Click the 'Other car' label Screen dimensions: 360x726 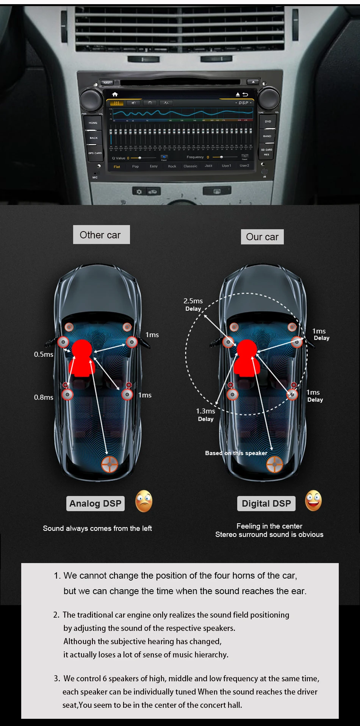101,235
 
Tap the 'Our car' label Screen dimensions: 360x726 262,237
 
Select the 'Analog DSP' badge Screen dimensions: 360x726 95,504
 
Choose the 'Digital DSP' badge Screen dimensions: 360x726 266,504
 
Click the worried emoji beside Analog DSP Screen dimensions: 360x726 144,501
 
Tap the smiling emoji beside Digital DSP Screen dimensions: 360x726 313,501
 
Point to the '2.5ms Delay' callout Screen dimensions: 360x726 193,305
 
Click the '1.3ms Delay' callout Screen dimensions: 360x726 206,415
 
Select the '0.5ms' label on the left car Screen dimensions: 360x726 44,354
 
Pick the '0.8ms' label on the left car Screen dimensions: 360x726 44,397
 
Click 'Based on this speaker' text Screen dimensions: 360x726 236,453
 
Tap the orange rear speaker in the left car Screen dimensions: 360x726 110,464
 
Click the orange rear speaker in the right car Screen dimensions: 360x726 275,464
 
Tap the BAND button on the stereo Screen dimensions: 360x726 267,136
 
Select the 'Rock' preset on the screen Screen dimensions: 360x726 172,166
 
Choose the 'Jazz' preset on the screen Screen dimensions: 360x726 208,166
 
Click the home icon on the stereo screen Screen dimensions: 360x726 115,94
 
